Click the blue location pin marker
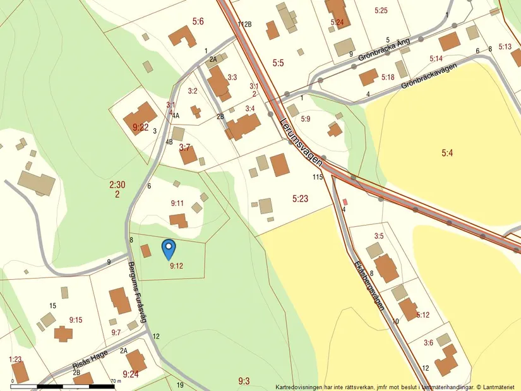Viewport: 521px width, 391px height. pyautogui.click(x=169, y=248)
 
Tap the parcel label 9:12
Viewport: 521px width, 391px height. pyautogui.click(x=176, y=266)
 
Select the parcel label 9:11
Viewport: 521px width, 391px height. pyautogui.click(x=177, y=203)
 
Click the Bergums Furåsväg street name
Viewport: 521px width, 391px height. pyautogui.click(x=138, y=292)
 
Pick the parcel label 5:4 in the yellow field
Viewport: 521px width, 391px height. pyautogui.click(x=447, y=152)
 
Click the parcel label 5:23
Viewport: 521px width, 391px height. pyautogui.click(x=300, y=198)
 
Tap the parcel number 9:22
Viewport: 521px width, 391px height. pyautogui.click(x=141, y=127)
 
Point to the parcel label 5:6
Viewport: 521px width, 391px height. pyautogui.click(x=198, y=21)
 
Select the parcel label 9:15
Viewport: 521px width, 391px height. pyautogui.click(x=75, y=320)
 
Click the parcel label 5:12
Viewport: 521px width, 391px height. pyautogui.click(x=422, y=315)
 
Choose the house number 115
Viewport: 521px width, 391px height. pyautogui.click(x=318, y=177)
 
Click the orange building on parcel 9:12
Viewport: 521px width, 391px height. pyautogui.click(x=146, y=251)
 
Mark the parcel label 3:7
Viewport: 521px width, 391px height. pyautogui.click(x=184, y=147)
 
